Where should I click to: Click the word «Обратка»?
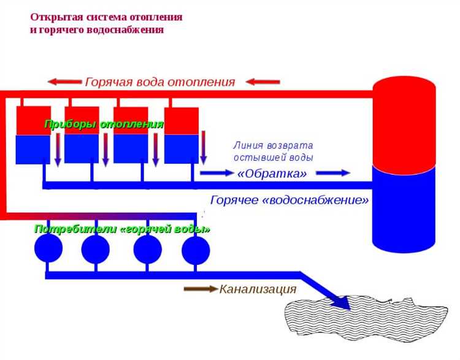(272, 174)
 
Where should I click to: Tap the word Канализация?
(258, 289)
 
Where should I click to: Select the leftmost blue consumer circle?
(48, 249)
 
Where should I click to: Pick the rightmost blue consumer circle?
(196, 250)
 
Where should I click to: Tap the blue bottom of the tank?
(404, 209)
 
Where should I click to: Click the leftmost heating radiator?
(33, 136)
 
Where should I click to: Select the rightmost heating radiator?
(182, 136)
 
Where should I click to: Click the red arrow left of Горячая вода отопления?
(64, 82)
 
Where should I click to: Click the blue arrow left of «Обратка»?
(217, 174)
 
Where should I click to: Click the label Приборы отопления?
(104, 124)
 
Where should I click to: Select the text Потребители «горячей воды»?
(122, 229)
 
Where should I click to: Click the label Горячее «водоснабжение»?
(289, 200)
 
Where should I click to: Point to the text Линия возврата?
(273, 146)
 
